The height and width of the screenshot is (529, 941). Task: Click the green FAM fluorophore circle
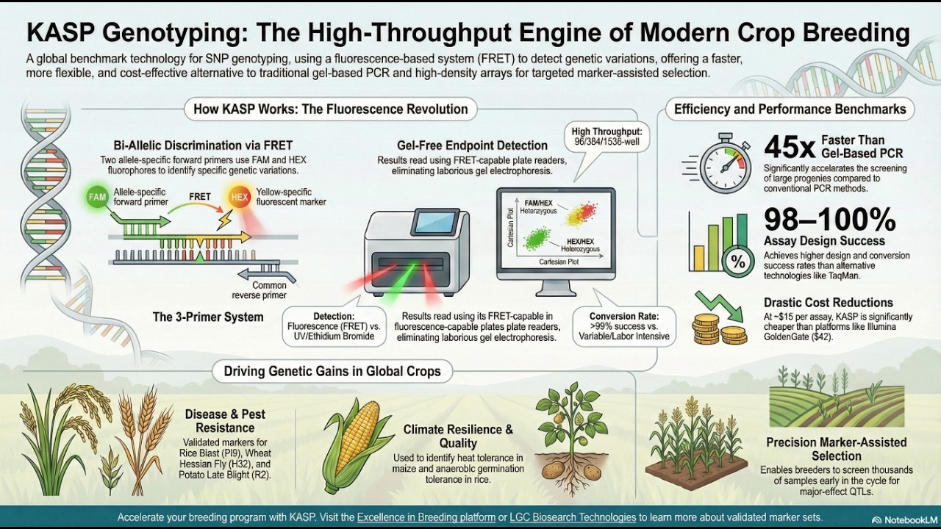(x=97, y=197)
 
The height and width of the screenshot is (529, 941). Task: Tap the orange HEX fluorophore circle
(x=239, y=197)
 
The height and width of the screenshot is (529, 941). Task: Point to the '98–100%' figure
(x=829, y=219)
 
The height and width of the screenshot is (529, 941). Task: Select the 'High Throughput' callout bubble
(x=607, y=137)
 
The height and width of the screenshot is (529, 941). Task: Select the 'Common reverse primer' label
(x=269, y=290)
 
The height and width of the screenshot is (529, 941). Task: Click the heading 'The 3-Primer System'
(x=208, y=317)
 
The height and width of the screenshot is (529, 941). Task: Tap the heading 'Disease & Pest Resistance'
(x=225, y=420)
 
